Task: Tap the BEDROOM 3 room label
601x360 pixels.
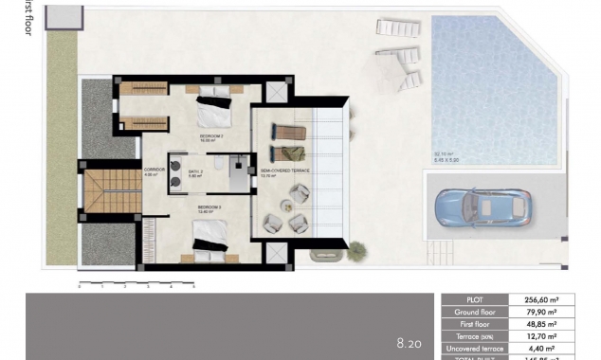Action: [x=209, y=207]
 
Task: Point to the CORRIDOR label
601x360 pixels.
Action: [x=155, y=171]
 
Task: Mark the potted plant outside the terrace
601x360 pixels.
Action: [x=356, y=251]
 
